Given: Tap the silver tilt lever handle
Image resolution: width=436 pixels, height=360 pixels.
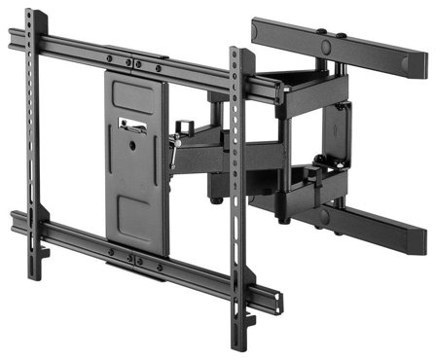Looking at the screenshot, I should tap(174, 147).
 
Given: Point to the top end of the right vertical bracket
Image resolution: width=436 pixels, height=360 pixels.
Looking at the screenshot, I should tap(236, 52).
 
